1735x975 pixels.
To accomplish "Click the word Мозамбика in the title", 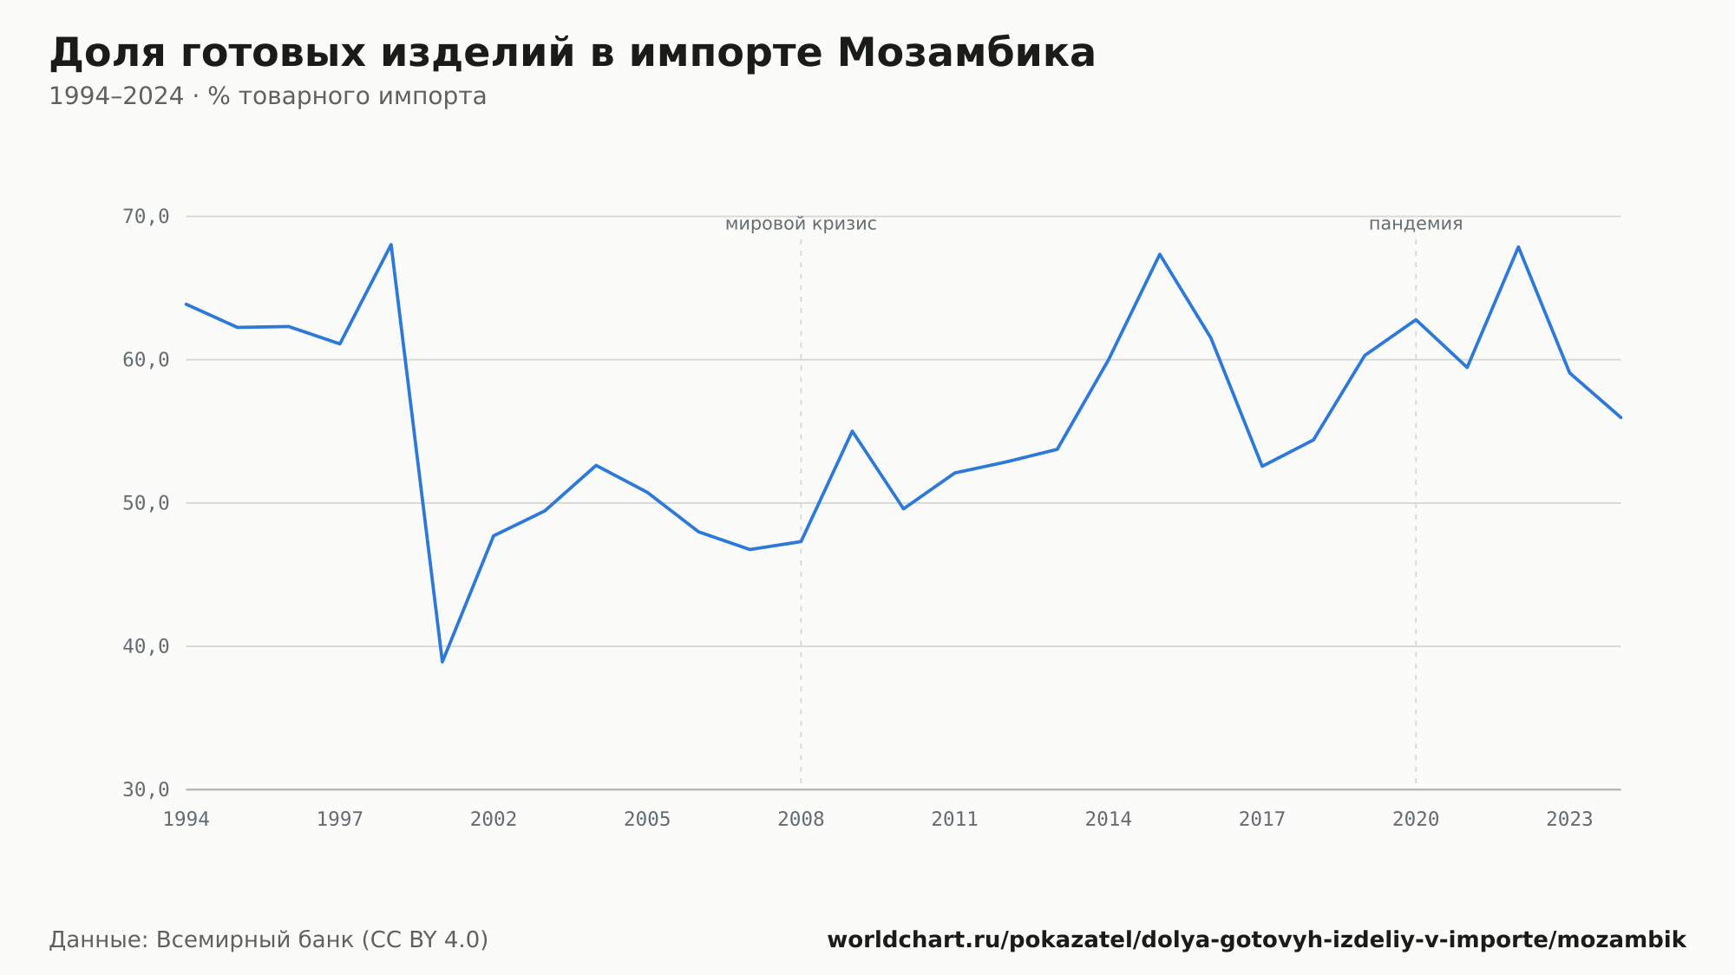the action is click(x=966, y=53).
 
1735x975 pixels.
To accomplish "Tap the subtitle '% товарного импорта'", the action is click(x=347, y=96).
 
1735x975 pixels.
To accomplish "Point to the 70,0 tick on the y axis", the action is click(x=146, y=217).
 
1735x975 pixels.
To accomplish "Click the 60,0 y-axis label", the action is click(x=146, y=360).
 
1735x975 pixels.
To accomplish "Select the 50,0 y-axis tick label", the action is click(x=146, y=503).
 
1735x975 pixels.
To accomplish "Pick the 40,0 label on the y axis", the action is click(x=146, y=646).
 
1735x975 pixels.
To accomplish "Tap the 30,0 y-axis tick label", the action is click(x=146, y=789).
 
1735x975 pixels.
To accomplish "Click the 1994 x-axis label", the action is click(x=187, y=820).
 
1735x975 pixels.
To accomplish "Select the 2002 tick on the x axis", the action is click(x=494, y=820).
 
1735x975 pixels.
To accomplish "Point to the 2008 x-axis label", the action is click(x=801, y=820).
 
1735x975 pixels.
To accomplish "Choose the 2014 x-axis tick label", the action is click(x=1109, y=820).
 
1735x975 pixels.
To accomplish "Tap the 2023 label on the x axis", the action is click(x=1569, y=820).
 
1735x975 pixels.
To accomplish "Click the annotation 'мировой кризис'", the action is click(x=801, y=224).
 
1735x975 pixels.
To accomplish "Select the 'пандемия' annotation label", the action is click(x=1416, y=224).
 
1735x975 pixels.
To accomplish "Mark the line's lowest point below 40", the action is click(x=442, y=662).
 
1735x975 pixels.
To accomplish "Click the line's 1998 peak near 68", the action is click(x=391, y=245).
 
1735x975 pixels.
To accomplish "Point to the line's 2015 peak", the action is click(x=1160, y=254).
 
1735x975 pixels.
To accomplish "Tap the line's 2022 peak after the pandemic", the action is click(x=1518, y=247).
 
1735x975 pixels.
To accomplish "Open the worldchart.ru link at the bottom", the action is click(x=1256, y=940).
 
